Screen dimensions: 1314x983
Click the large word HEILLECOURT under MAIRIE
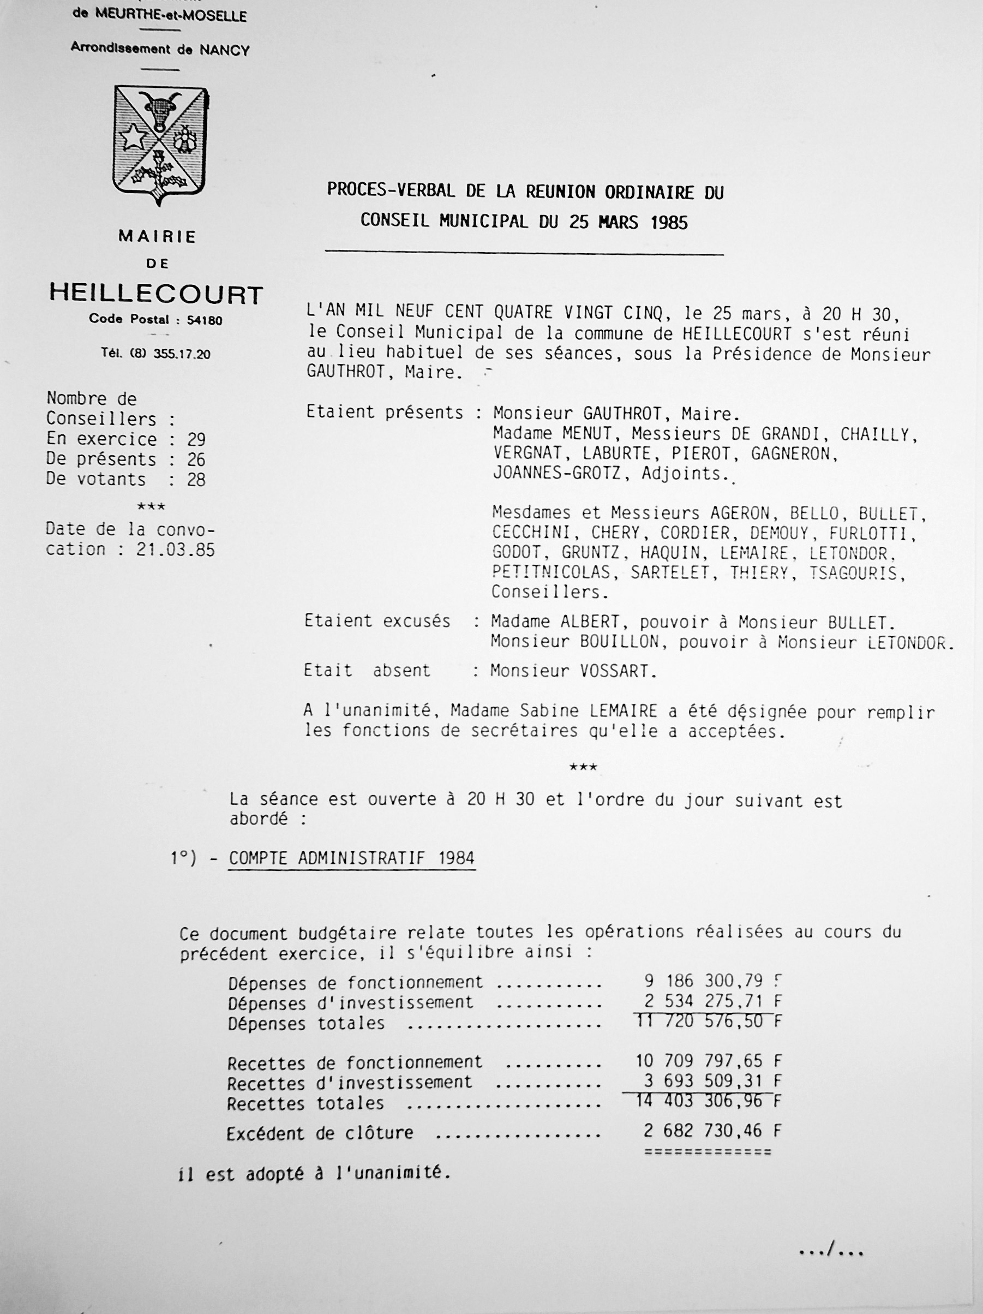coord(155,294)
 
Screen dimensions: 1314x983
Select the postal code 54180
coord(205,321)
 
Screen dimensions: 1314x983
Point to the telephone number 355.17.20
coord(182,354)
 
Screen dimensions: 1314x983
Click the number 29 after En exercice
coord(196,440)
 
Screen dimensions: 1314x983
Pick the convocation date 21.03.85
coord(175,550)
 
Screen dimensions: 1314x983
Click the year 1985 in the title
coord(669,222)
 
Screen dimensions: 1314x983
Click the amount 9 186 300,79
coord(703,980)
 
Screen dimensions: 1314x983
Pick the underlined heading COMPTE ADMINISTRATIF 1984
coord(352,858)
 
